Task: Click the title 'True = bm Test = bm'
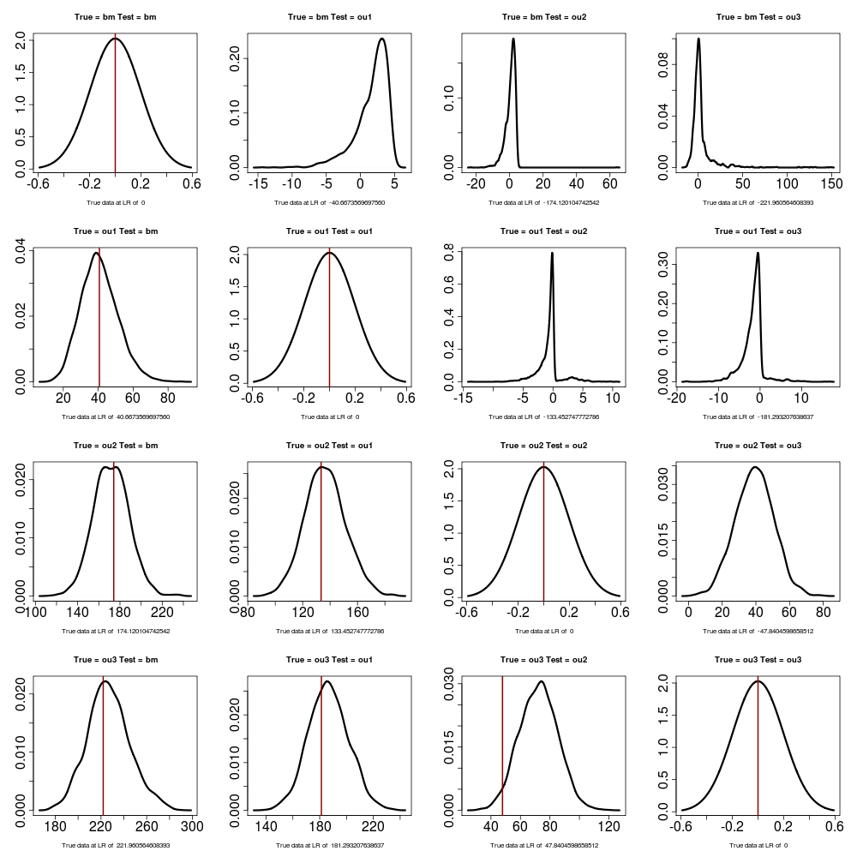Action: (116, 17)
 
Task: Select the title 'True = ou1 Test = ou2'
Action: (543, 231)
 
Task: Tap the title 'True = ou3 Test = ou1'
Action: (329, 660)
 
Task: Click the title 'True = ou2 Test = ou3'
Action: (758, 446)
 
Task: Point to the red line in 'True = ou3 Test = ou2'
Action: (502, 746)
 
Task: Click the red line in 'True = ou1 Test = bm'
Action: (99, 317)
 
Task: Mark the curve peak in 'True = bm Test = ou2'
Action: (513, 39)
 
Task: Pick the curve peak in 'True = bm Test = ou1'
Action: (381, 39)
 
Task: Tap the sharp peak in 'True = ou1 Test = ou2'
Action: (552, 253)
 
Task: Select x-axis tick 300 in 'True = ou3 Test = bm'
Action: (192, 826)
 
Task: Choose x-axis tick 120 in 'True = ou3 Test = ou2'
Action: (608, 826)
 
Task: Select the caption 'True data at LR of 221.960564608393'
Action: (116, 845)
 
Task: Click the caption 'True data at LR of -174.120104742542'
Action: (543, 203)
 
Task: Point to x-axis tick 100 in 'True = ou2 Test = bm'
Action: (37, 612)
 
